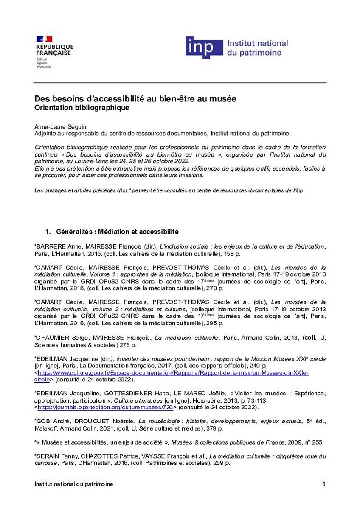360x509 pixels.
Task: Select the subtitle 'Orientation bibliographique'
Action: pyautogui.click(x=82, y=108)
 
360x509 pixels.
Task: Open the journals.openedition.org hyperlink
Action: pyautogui.click(x=105, y=407)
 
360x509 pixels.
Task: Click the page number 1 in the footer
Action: pyautogui.click(x=324, y=484)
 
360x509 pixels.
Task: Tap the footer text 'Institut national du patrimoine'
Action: pyautogui.click(x=74, y=484)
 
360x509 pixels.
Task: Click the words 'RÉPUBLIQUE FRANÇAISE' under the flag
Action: pyautogui.click(x=54, y=50)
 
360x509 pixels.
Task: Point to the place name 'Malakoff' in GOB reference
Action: pyautogui.click(x=46, y=429)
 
